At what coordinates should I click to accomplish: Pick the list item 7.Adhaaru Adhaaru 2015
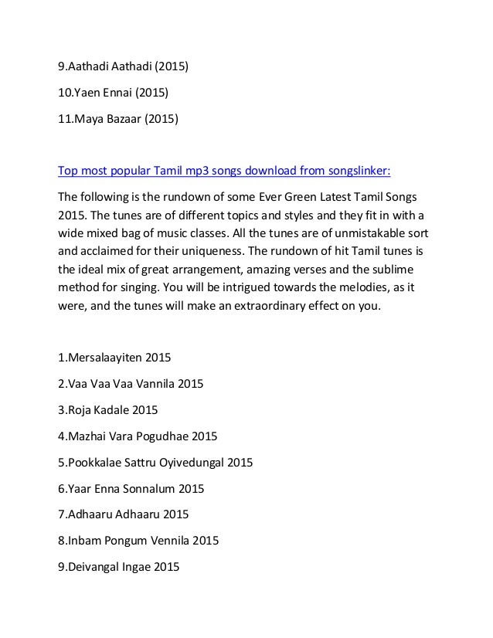[124, 514]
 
